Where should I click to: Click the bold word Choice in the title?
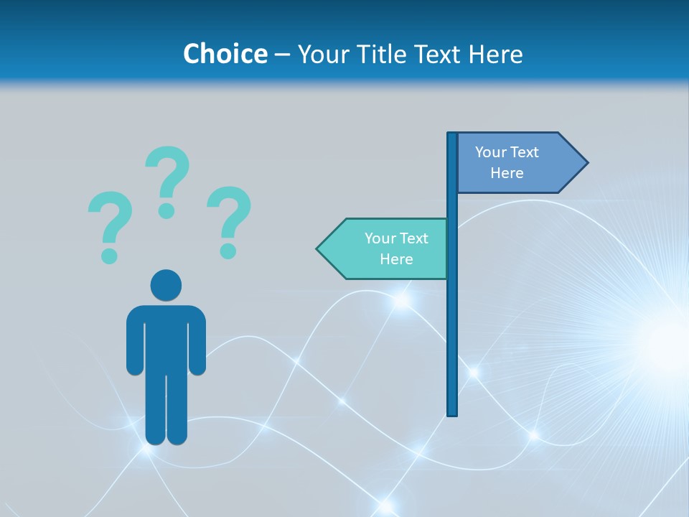[x=225, y=54]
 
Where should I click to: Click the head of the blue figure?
[x=166, y=285]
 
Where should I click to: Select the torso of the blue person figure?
[x=166, y=337]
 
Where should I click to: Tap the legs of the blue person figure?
[x=166, y=409]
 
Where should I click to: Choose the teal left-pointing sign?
[x=388, y=248]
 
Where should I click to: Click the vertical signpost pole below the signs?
[x=452, y=345]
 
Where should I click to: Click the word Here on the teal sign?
[x=396, y=259]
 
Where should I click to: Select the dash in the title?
[x=282, y=55]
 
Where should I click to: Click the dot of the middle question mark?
[x=167, y=210]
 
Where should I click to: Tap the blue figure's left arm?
[x=134, y=341]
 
